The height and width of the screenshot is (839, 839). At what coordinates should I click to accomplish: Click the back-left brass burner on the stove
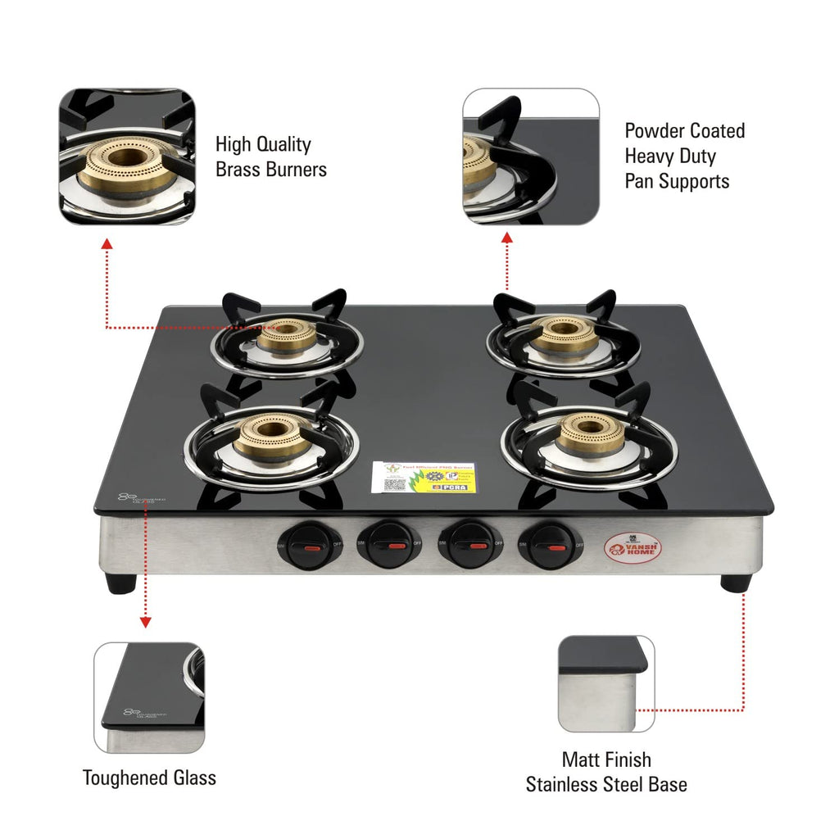287,335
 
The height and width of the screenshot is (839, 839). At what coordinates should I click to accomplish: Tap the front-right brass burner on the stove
590,432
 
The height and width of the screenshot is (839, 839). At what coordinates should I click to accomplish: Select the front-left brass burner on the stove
271,433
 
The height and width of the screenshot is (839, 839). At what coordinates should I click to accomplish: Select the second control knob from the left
388,545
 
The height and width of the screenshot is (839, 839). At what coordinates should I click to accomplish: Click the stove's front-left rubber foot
120,583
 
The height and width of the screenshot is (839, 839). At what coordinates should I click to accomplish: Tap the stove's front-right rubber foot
735,583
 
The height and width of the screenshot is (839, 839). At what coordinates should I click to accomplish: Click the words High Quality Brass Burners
270,156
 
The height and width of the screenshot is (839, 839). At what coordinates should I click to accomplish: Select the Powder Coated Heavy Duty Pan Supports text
684,156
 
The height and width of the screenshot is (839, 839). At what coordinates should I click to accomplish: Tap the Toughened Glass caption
149,778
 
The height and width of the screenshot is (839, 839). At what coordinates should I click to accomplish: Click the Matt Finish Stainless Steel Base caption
606,772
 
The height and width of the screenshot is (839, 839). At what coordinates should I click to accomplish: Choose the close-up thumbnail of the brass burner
127,156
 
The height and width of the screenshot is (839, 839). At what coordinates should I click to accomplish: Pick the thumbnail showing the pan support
531,156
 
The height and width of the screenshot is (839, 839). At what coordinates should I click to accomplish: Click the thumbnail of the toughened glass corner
149,697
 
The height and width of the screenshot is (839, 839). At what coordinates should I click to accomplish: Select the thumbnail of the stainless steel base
606,683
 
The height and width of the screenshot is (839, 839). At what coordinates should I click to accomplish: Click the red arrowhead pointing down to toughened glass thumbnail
145,623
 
